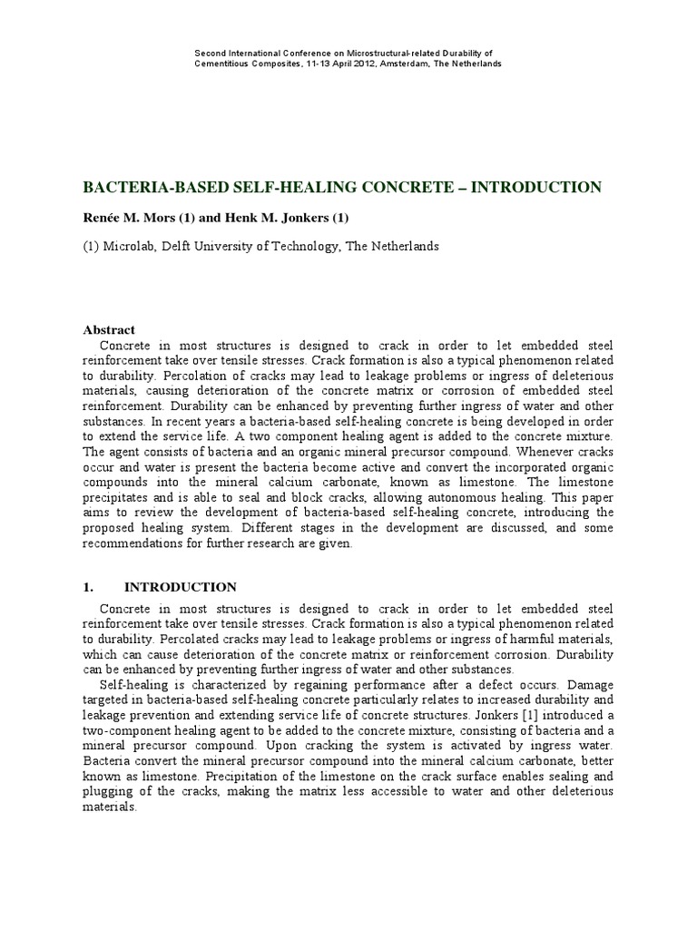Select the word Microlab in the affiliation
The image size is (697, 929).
point(131,247)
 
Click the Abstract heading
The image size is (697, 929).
point(109,331)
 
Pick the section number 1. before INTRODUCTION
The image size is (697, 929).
point(89,587)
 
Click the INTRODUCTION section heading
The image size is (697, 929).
point(180,587)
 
